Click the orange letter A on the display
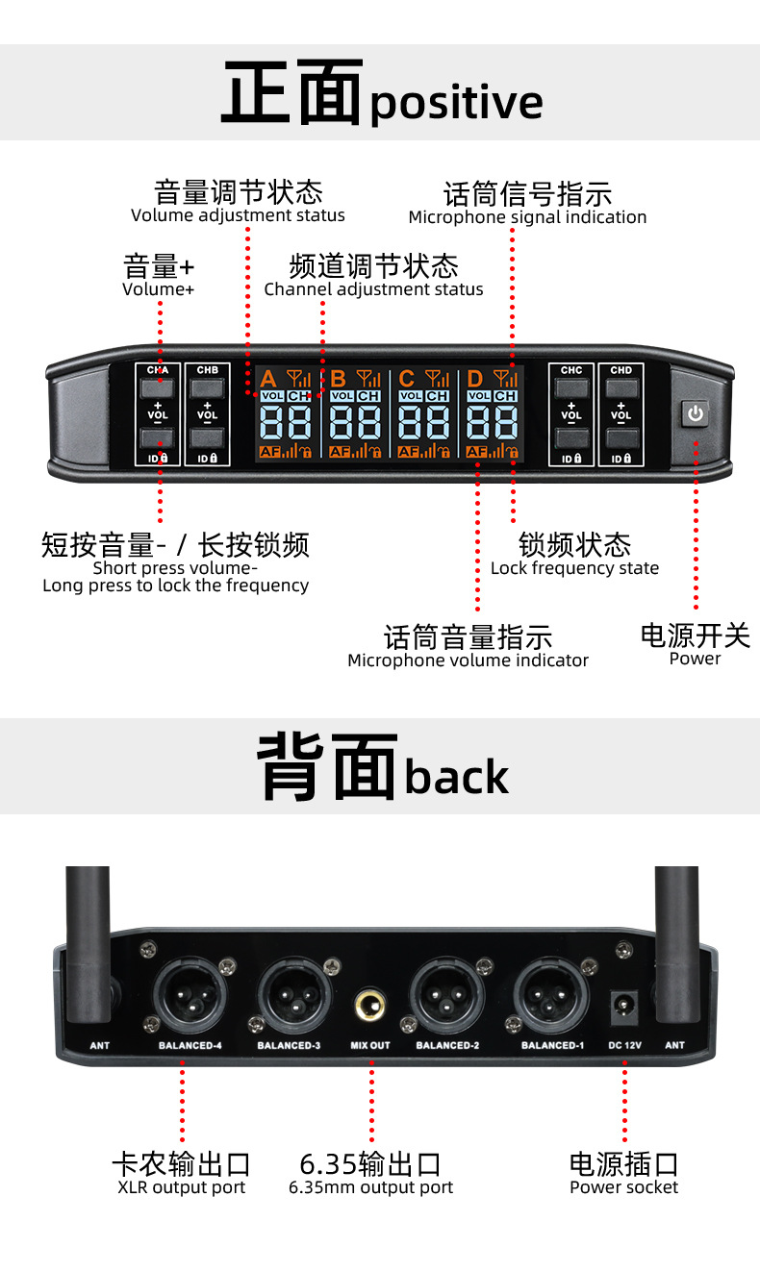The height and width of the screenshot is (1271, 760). [x=268, y=379]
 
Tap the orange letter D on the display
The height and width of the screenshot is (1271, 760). [x=474, y=379]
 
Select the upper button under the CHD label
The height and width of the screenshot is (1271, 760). [x=621, y=388]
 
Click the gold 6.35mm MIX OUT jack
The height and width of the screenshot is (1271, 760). [x=370, y=1005]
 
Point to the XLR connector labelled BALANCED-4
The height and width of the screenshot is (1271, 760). [x=190, y=993]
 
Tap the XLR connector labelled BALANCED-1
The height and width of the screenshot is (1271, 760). [x=551, y=993]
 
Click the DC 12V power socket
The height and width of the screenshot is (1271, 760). [x=626, y=1007]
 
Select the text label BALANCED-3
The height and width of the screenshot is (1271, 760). [x=289, y=1045]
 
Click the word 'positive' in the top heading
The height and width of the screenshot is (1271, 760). [x=456, y=103]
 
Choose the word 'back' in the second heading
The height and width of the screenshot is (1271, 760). [x=456, y=778]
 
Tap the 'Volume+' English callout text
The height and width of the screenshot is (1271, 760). [x=159, y=288]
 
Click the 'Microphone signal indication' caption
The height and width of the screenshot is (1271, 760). [x=527, y=217]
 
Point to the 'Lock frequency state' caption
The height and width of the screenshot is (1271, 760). [x=574, y=568]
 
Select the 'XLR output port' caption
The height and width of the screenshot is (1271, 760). [x=181, y=1187]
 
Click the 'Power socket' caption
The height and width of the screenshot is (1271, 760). [x=623, y=1187]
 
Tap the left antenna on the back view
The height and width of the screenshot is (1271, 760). [x=88, y=942]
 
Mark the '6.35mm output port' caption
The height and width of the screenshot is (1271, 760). [x=370, y=1187]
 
